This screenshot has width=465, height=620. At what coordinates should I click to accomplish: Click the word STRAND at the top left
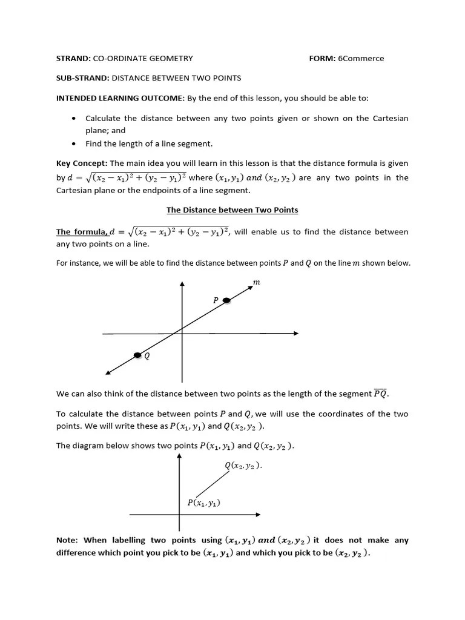pyautogui.click(x=72, y=59)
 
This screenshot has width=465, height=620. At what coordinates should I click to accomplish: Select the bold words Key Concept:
pyautogui.click(x=82, y=163)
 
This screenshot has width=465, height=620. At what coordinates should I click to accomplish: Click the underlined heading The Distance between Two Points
pyautogui.click(x=232, y=210)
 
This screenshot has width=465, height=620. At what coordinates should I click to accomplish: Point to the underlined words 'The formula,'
pyautogui.click(x=82, y=232)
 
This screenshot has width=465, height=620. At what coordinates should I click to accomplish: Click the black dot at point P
pyautogui.click(x=226, y=300)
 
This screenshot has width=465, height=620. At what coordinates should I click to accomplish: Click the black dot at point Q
pyautogui.click(x=137, y=355)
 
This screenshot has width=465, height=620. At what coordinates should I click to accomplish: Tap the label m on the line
pyautogui.click(x=256, y=282)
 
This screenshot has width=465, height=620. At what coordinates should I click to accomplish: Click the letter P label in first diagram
pyautogui.click(x=215, y=300)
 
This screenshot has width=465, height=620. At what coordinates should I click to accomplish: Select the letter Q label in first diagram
pyautogui.click(x=147, y=357)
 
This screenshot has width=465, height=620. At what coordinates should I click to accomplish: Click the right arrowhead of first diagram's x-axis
pyautogui.click(x=295, y=333)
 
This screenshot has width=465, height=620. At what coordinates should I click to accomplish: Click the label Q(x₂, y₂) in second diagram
pyautogui.click(x=243, y=466)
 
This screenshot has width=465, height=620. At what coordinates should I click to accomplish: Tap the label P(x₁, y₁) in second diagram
pyautogui.click(x=203, y=503)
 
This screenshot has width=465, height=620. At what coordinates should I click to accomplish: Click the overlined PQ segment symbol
pyautogui.click(x=381, y=394)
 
